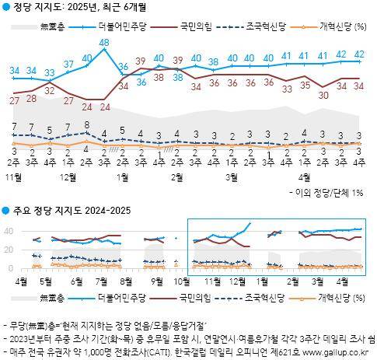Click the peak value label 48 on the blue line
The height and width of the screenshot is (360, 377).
tap(103, 42)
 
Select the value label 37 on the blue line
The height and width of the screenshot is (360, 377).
tap(67, 63)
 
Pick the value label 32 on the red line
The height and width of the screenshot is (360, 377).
tap(49, 90)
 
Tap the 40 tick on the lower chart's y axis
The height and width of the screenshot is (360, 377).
tap(8, 232)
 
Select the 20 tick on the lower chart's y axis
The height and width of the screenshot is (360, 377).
tap(8, 250)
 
